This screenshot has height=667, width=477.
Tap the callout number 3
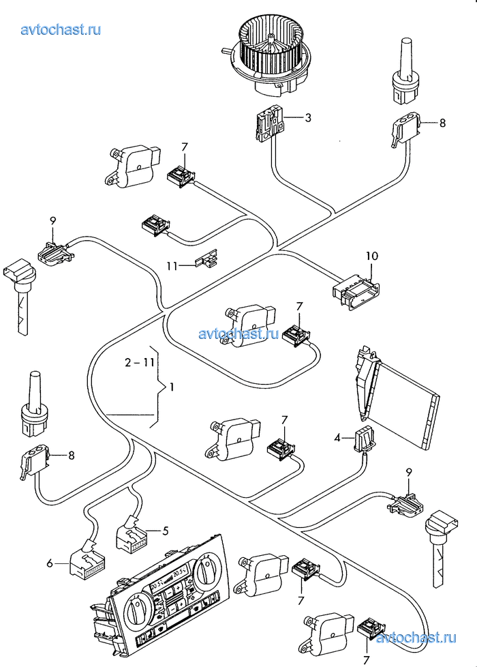click(308, 118)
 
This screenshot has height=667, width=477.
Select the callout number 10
click(371, 256)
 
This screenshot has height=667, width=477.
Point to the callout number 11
click(174, 265)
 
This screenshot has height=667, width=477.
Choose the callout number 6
click(49, 563)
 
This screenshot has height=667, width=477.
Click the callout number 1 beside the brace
click(172, 387)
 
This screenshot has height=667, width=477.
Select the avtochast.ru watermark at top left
click(61, 29)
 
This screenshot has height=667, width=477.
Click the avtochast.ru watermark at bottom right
click(416, 639)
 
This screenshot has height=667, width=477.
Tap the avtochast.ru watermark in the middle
click(239, 333)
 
